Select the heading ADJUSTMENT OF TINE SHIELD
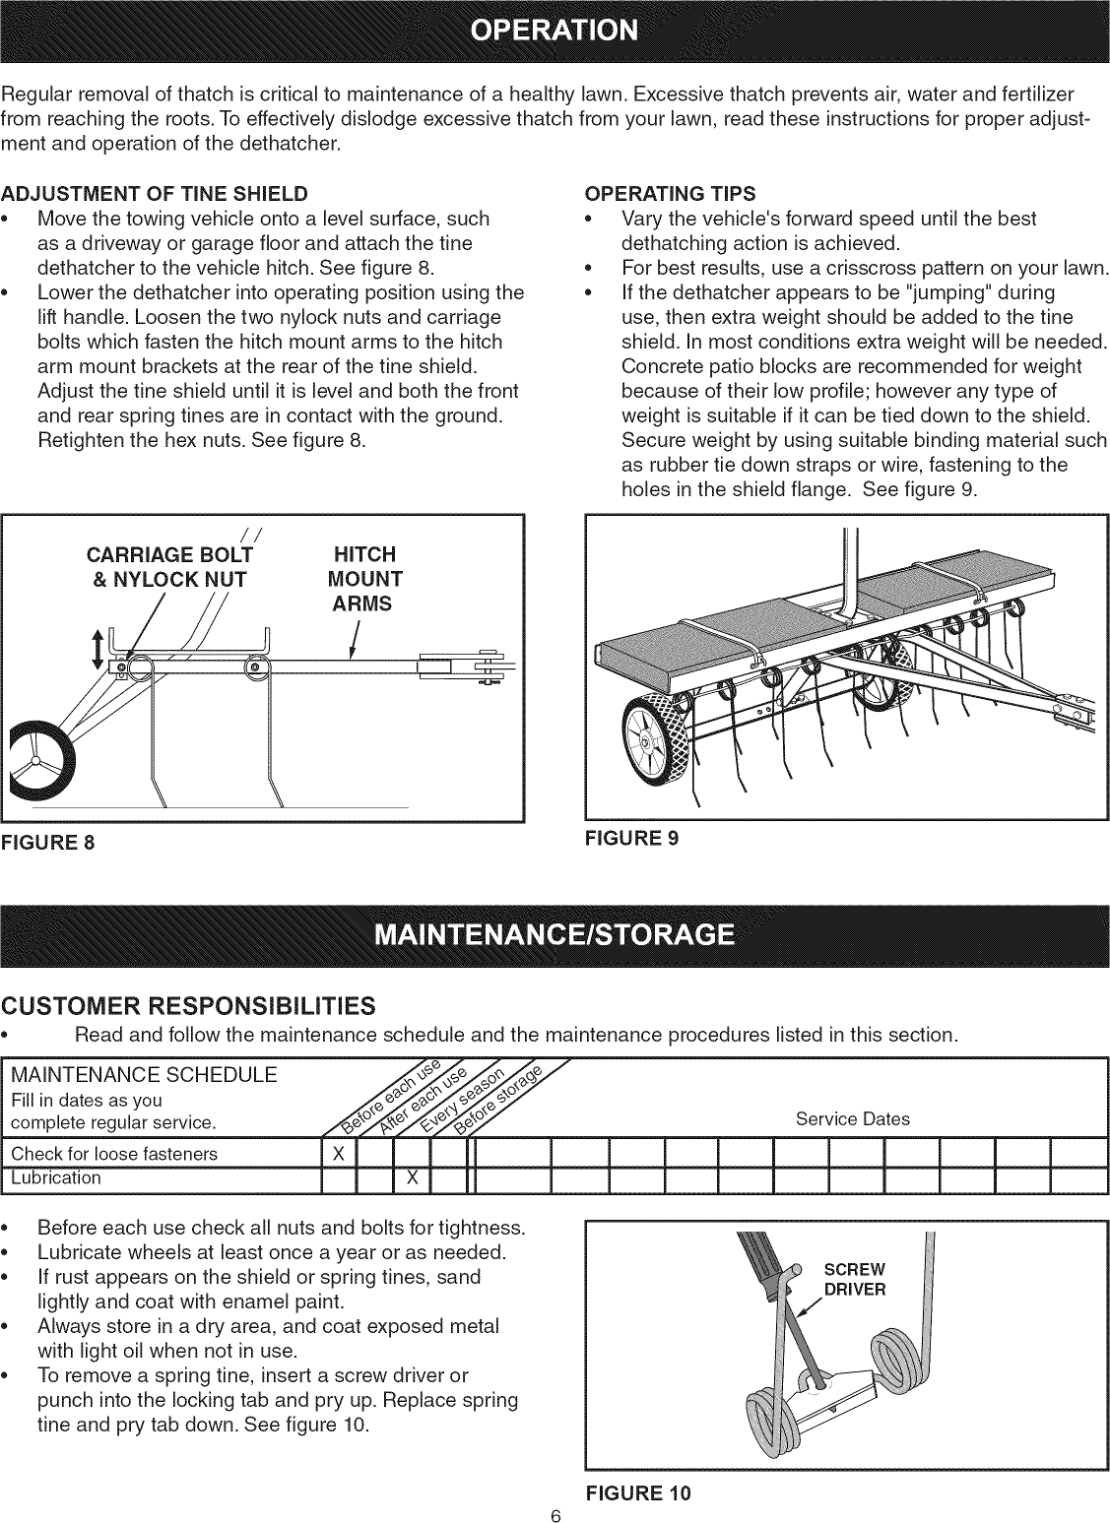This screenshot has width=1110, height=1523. (155, 192)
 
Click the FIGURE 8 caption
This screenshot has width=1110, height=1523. (48, 843)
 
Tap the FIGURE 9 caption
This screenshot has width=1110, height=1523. (631, 838)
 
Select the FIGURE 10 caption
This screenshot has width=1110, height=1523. (637, 1492)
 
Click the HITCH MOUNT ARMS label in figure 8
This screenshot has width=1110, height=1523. (365, 578)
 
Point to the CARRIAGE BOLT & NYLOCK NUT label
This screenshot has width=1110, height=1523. (169, 566)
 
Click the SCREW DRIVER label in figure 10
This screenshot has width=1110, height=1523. (854, 1278)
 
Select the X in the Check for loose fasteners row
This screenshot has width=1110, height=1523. (338, 1153)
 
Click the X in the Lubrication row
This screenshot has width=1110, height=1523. (413, 1177)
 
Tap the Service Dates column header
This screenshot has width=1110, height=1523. (852, 1118)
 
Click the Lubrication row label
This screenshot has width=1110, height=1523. (55, 1177)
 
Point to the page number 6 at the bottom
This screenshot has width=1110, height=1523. (555, 1514)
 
